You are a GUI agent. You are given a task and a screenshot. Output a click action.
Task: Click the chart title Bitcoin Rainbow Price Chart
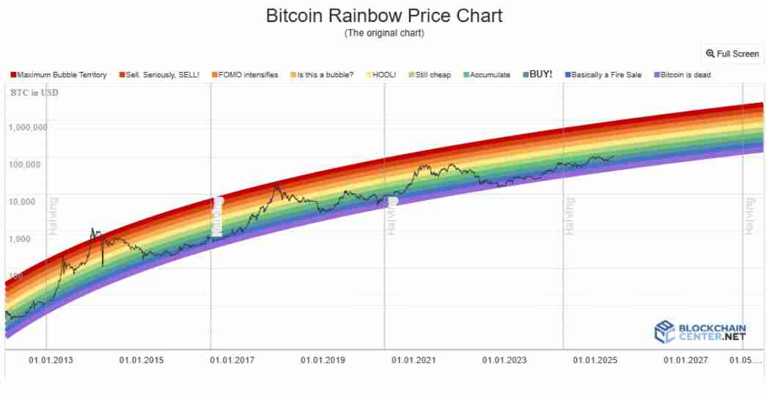click(x=383, y=15)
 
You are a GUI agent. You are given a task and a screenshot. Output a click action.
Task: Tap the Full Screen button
click(x=733, y=54)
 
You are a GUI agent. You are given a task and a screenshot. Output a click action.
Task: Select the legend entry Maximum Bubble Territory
click(x=59, y=75)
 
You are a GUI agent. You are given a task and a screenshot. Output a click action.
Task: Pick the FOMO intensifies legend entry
click(x=245, y=75)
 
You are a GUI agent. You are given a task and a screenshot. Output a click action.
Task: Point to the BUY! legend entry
click(x=537, y=75)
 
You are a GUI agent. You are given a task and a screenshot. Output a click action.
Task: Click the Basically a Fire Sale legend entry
click(x=602, y=75)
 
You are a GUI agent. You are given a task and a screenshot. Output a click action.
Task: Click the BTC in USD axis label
click(x=34, y=92)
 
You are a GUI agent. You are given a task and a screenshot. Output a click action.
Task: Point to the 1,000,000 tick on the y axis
click(x=29, y=127)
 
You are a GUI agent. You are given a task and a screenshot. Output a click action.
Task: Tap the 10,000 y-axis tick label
click(x=29, y=201)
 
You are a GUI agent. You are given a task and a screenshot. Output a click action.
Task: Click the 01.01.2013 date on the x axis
click(x=51, y=361)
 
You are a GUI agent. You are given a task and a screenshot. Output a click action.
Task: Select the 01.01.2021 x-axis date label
click(x=414, y=361)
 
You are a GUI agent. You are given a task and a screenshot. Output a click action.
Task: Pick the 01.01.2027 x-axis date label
click(x=686, y=361)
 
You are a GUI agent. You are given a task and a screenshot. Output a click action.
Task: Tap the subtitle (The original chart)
click(x=383, y=34)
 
